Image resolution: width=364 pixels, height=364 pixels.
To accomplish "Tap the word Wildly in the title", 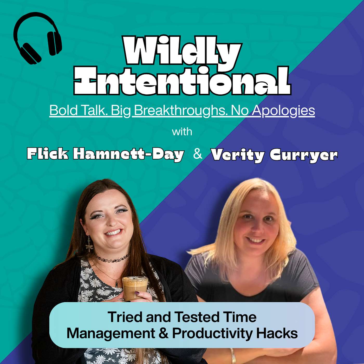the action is (x=182, y=51).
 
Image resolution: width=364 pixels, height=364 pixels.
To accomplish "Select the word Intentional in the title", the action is (x=182, y=80).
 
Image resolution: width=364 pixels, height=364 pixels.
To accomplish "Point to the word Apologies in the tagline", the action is (x=283, y=111).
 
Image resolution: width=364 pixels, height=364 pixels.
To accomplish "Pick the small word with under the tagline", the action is (x=182, y=132).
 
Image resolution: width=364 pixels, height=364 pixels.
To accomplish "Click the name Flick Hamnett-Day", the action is (x=105, y=155).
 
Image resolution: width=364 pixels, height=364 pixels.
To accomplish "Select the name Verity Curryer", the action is (x=274, y=155).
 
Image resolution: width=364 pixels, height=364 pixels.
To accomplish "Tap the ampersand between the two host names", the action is (x=198, y=154).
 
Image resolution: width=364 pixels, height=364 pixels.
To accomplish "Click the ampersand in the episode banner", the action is (x=164, y=334).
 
